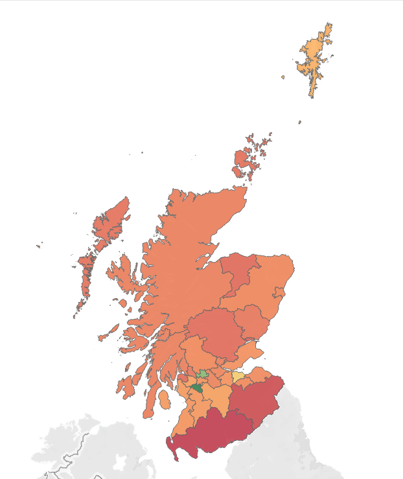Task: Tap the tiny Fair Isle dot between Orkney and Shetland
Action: (x=299, y=122)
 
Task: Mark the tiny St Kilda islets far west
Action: (x=39, y=245)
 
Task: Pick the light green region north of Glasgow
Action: (x=203, y=374)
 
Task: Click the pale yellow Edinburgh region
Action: (x=238, y=377)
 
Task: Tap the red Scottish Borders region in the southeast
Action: (x=256, y=399)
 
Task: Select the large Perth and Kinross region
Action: (x=214, y=327)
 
